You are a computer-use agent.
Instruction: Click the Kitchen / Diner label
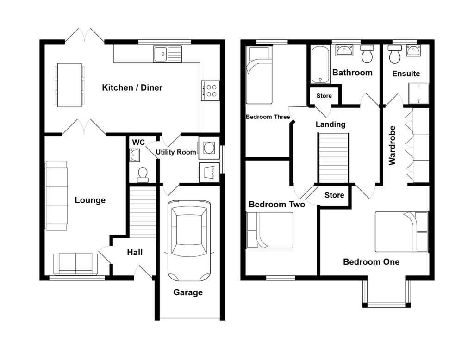(x=132, y=87)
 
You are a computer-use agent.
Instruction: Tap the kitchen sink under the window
(x=167, y=54)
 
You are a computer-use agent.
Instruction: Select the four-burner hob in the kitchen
(x=210, y=89)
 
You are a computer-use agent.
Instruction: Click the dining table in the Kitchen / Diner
(x=69, y=85)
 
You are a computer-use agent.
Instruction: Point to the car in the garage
(x=189, y=241)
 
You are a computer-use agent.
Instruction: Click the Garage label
(x=188, y=292)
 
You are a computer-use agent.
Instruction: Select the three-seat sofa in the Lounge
(x=56, y=195)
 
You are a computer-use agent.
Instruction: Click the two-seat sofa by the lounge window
(x=76, y=264)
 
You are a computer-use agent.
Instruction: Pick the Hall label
(x=135, y=253)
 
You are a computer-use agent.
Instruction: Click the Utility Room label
(x=176, y=152)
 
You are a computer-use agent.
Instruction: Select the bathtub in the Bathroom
(x=319, y=65)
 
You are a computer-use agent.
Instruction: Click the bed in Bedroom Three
(x=259, y=75)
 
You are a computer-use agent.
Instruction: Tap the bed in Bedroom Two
(x=270, y=230)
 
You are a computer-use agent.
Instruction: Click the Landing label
(x=331, y=124)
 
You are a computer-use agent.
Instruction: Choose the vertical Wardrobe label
(x=393, y=145)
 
